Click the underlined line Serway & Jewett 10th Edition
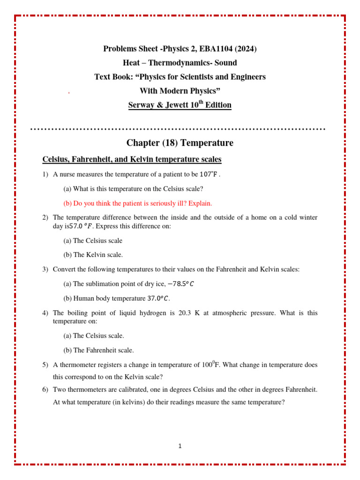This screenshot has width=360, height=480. [x=180, y=105]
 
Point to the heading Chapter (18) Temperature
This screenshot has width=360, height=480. [x=180, y=142]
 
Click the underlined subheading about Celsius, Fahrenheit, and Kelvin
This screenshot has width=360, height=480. [x=132, y=159]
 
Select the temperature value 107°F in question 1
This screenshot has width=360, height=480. [x=209, y=175]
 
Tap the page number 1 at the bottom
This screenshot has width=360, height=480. [x=180, y=446]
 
